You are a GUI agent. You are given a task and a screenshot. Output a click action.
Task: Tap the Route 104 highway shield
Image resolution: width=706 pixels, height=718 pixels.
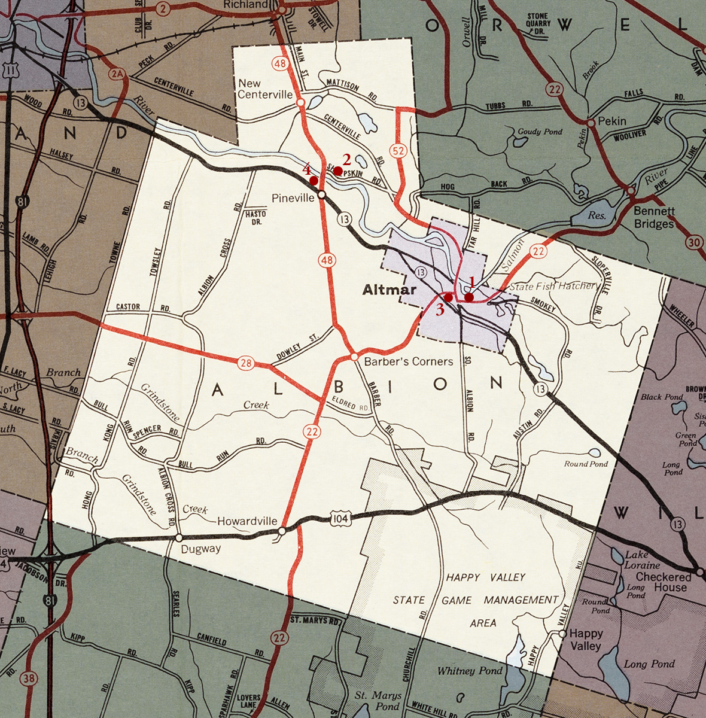tap(339, 519)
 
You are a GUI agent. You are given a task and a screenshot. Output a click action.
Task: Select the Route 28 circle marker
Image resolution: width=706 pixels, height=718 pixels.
tap(245, 363)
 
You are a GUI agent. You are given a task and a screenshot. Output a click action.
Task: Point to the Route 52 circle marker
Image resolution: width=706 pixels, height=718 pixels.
tap(397, 151)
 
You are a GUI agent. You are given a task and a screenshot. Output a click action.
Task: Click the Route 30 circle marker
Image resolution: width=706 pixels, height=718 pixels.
tap(693, 242)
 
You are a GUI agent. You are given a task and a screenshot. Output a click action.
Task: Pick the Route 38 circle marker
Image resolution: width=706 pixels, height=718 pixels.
tap(28, 678)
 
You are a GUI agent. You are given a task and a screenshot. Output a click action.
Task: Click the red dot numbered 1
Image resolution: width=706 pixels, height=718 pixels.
tap(469, 297)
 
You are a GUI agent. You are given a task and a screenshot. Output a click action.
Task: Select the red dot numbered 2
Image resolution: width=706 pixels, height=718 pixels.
tap(337, 171)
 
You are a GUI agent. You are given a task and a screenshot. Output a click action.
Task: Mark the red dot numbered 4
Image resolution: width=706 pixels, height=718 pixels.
tap(314, 180)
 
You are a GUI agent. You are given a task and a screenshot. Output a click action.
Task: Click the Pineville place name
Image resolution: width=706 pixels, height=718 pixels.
tap(293, 198)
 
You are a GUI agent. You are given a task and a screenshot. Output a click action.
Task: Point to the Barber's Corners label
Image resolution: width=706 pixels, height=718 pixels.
tap(408, 361)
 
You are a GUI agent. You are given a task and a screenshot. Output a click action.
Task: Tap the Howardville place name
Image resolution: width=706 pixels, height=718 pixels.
tap(247, 521)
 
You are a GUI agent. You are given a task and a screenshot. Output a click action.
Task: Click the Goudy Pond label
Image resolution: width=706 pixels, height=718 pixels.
tap(540, 132)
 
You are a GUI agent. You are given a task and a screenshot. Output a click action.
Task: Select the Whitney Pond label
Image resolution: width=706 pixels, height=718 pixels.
tap(470, 671)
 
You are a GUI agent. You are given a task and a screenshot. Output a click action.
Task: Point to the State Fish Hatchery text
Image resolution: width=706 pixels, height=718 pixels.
tap(553, 286)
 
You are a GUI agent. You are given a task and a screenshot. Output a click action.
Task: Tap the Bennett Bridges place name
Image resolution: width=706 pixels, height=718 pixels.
tap(654, 218)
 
